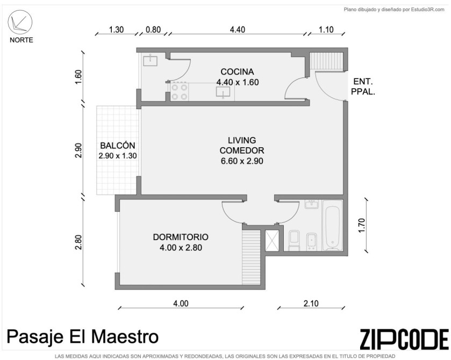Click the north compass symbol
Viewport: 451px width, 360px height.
click(20, 23)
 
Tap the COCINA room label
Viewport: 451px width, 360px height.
click(237, 71)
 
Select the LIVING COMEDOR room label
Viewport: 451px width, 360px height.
click(242, 146)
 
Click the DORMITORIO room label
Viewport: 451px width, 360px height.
click(181, 237)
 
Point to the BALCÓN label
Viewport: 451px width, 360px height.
click(118, 145)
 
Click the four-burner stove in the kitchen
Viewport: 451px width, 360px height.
click(180, 92)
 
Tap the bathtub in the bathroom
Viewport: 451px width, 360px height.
click(332, 225)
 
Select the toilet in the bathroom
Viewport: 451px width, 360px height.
click(294, 240)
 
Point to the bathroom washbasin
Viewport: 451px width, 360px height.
click(311, 204)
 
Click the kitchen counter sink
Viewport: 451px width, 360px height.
click(223, 92)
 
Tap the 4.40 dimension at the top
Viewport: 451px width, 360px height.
click(238, 30)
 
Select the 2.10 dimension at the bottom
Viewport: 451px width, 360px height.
click(311, 304)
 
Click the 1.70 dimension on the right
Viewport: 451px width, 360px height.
click(362, 226)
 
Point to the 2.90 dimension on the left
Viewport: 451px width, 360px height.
click(78, 150)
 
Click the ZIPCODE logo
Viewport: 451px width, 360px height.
click(404, 339)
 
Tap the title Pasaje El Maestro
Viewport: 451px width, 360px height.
click(83, 337)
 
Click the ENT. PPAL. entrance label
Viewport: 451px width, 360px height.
click(363, 87)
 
